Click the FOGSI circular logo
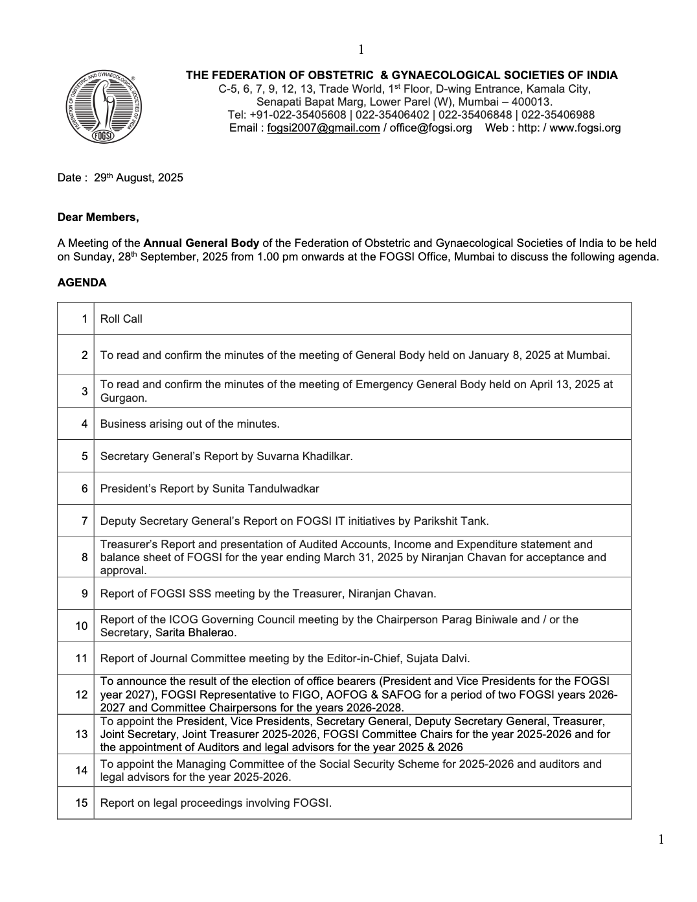coord(104,106)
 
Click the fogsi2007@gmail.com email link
coord(323,128)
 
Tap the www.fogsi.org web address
coord(585,128)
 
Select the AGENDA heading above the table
coord(82,283)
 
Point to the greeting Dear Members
coord(98,217)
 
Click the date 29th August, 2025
coord(139,178)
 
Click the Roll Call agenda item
coord(121,319)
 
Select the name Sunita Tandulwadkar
coord(266,489)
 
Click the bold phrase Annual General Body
coord(201,244)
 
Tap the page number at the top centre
coord(361,50)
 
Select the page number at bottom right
coord(661,840)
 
